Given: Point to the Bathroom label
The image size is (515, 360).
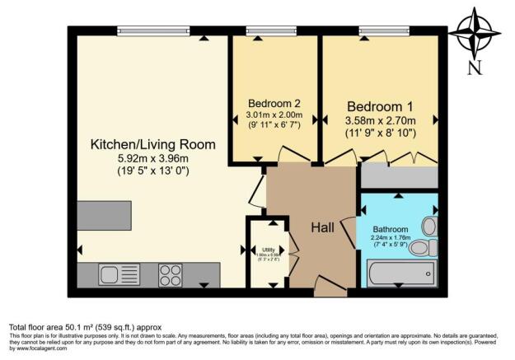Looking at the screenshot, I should point(389,229).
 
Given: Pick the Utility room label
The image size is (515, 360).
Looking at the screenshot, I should point(268,249).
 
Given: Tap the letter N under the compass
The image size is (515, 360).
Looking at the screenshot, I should point(473,69).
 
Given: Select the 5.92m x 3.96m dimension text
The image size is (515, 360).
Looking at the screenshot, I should point(152,159).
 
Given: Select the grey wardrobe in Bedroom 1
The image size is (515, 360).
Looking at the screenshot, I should point(399,175).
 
